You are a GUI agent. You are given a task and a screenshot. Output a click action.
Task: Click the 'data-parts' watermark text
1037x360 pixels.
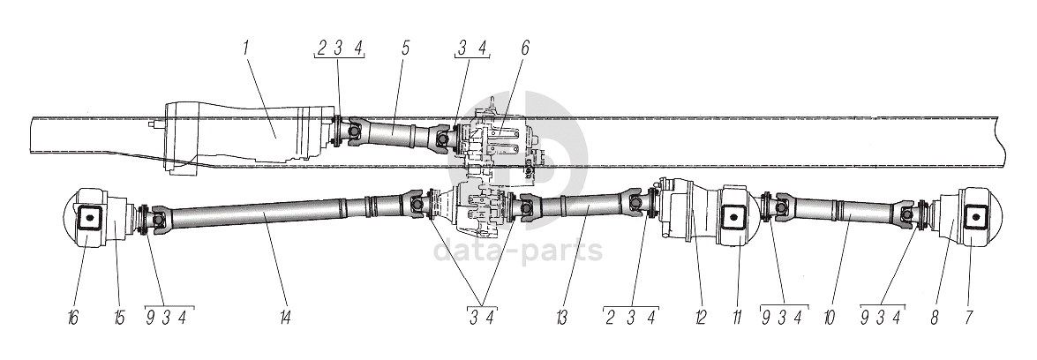click(x=518, y=250)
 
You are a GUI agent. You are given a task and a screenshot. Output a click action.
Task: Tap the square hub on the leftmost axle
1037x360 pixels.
click(x=89, y=217)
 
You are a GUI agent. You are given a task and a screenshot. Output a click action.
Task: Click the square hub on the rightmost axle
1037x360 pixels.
click(x=974, y=216)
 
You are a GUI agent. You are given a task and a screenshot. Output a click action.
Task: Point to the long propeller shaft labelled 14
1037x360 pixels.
click(x=265, y=216)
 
